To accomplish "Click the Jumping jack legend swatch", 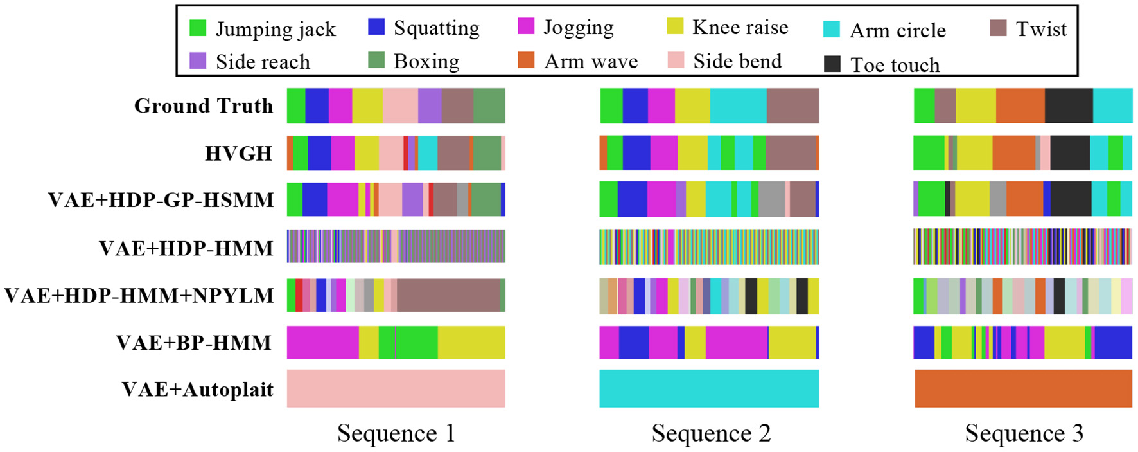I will pyautogui.click(x=198, y=28).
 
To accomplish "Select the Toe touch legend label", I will pyautogui.click(x=895, y=64).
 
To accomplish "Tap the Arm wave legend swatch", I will pyautogui.click(x=526, y=60).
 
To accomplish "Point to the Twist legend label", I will pyautogui.click(x=1040, y=29).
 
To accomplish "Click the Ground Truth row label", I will pyautogui.click(x=203, y=105).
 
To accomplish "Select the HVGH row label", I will pyautogui.click(x=238, y=153).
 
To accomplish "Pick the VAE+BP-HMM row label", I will pyautogui.click(x=193, y=342).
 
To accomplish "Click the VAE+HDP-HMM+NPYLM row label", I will pyautogui.click(x=139, y=295).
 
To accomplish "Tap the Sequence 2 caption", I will pyautogui.click(x=710, y=433).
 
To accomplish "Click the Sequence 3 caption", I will pyautogui.click(x=1024, y=433).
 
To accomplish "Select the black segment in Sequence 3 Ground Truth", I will pyautogui.click(x=1068, y=105).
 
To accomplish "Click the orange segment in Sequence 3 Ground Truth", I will pyautogui.click(x=1020, y=105).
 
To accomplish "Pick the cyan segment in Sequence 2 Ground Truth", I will pyautogui.click(x=738, y=105).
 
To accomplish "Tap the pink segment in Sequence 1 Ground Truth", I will pyautogui.click(x=399, y=105).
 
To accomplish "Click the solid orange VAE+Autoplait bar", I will pyautogui.click(x=1023, y=388).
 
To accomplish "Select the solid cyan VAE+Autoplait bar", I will pyautogui.click(x=709, y=388).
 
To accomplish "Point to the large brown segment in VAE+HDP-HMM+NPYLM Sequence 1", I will pyautogui.click(x=448, y=295).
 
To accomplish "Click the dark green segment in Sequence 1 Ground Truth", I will pyautogui.click(x=489, y=105).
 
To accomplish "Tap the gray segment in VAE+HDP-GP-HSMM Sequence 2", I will pyautogui.click(x=771, y=199).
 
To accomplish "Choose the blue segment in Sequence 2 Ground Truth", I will pyautogui.click(x=635, y=105).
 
